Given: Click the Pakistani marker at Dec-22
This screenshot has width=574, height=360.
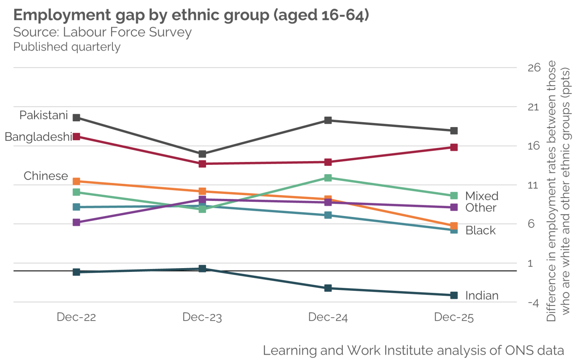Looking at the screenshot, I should pos(76,117).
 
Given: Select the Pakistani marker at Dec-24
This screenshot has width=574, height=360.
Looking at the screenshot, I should pos(328,120).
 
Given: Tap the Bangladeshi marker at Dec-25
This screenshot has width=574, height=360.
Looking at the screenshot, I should pos(454,147).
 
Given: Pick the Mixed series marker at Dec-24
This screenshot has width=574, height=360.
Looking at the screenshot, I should pos(328,178).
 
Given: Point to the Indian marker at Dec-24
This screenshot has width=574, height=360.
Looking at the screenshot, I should pos(328,288).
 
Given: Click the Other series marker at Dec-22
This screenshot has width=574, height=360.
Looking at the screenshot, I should pos(76,222).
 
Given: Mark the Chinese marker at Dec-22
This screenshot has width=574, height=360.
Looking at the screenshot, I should pos(76,181).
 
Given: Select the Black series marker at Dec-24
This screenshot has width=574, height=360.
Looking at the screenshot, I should pos(328,215).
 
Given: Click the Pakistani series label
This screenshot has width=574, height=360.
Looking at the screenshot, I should pos(44,115).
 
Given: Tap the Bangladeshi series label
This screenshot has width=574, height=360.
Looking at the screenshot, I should pos(38,137).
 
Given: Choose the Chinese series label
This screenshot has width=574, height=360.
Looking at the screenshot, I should pos(46,176).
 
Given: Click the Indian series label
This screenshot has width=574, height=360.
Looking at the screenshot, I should pos(482,296).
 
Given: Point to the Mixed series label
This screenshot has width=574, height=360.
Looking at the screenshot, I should pos(482,196).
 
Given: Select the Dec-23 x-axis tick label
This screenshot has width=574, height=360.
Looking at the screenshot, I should pos(202,317).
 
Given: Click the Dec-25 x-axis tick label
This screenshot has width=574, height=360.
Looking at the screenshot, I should pos(454,317).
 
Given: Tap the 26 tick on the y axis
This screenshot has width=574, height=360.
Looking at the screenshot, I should pos(534,68).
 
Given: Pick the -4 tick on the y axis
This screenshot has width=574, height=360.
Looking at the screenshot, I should pos(533,303).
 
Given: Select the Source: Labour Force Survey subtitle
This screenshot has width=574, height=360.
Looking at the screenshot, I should pos(102,32).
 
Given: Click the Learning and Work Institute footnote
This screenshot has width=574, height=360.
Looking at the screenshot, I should pos(413,350).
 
